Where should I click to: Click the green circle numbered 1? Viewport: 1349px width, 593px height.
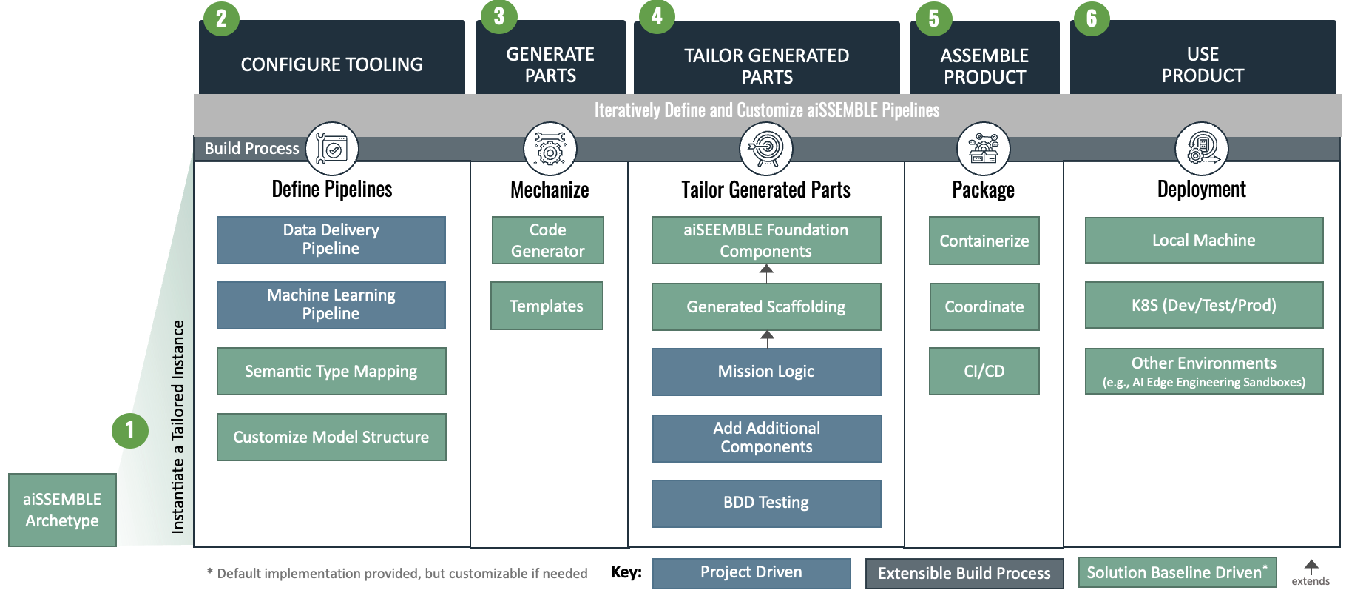click(130, 430)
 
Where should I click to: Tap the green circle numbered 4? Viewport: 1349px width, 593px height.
click(657, 16)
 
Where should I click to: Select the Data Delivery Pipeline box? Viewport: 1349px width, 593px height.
click(331, 240)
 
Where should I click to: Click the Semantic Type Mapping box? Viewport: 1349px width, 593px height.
click(331, 371)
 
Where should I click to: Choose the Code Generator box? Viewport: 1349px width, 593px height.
click(547, 240)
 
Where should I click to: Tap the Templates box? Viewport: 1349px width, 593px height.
click(547, 306)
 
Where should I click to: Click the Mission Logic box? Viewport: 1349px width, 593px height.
click(766, 372)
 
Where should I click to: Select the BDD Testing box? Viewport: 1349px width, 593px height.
click(766, 503)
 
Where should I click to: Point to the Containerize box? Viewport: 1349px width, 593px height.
click(984, 241)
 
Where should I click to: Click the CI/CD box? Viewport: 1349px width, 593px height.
click(984, 371)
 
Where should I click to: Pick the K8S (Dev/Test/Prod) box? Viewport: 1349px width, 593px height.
click(1203, 305)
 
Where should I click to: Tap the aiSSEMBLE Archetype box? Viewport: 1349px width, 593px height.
click(62, 510)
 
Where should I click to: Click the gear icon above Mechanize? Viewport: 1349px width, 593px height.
click(550, 148)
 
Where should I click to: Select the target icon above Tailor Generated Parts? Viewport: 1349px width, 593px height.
click(766, 148)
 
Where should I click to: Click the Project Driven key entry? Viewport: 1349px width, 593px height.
click(751, 573)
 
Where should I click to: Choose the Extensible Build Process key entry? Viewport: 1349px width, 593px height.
click(964, 574)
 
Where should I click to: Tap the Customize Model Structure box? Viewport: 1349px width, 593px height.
click(331, 437)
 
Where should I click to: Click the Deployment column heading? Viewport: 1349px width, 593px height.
click(1201, 190)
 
